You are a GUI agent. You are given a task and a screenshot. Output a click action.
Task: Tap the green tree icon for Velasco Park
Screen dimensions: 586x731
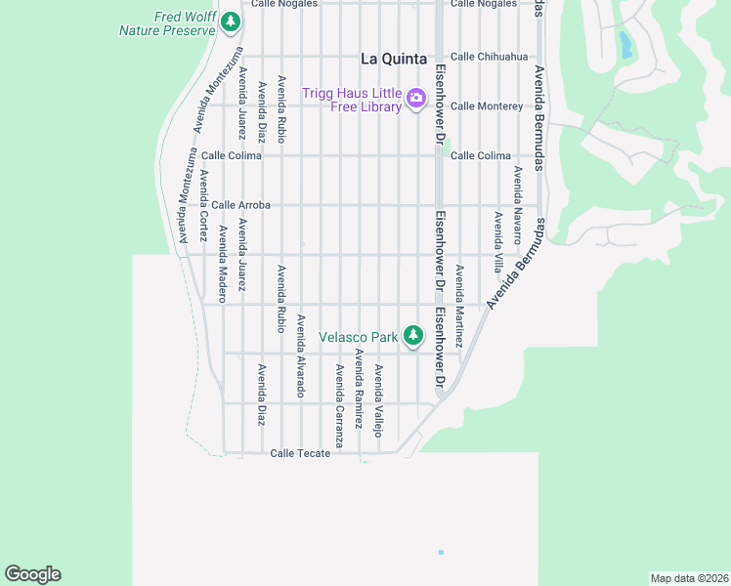[x=413, y=336]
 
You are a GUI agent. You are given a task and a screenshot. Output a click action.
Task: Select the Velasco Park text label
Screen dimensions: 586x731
[x=358, y=338]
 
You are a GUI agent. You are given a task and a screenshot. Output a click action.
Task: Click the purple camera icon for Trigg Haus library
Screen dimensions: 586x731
[x=416, y=97]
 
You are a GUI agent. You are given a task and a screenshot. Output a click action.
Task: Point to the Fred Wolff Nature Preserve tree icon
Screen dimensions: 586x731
[x=230, y=21]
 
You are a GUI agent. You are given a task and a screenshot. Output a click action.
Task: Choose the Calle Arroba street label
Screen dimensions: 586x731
[x=240, y=205]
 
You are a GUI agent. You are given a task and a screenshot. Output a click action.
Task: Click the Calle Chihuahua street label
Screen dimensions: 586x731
[x=489, y=56]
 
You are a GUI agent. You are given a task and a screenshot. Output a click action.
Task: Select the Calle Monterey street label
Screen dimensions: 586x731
[x=487, y=105]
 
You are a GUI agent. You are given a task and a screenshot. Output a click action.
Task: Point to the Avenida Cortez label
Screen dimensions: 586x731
[x=203, y=206]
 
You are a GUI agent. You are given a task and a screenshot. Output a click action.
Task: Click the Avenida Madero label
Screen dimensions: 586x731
[x=223, y=264]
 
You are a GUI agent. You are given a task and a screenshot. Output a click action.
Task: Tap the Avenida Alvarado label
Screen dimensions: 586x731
[x=301, y=356]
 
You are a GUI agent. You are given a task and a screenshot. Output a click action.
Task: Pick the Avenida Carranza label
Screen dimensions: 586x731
[x=339, y=405]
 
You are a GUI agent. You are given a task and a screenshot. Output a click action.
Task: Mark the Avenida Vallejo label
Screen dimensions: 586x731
[x=379, y=399]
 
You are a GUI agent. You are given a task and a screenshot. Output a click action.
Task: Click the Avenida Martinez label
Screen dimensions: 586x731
[x=459, y=298]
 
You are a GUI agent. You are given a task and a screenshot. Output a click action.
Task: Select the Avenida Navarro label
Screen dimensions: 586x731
[x=517, y=203]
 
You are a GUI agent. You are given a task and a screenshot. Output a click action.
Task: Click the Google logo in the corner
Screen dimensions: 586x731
[x=32, y=574]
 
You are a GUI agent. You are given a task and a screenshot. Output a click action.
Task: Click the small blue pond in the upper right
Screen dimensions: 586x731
[x=624, y=44]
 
